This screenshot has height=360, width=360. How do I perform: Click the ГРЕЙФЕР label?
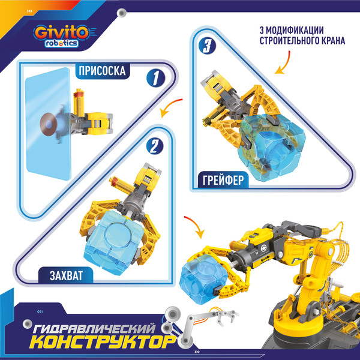pyautogui.click(x=224, y=178)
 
